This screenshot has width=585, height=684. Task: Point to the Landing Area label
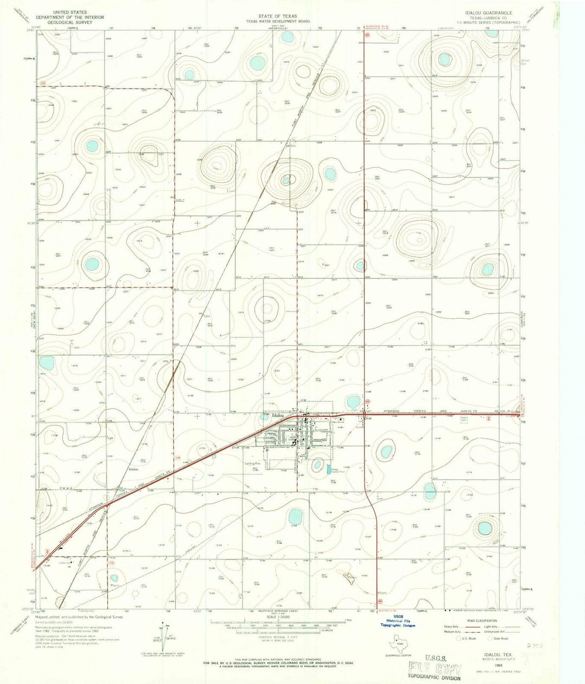252,464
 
